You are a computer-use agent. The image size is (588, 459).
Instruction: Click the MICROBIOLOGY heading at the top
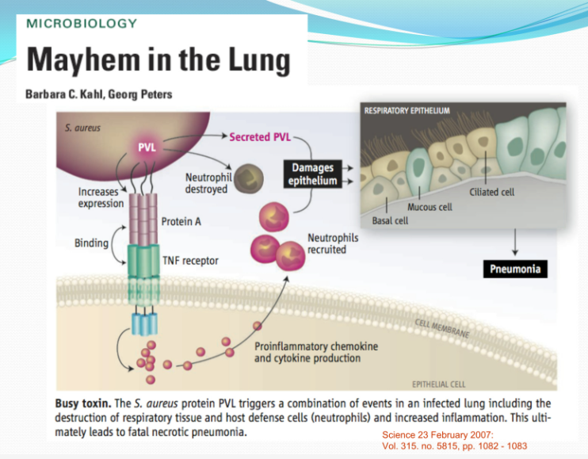[82, 22]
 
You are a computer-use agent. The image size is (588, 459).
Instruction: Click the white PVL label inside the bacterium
[147, 147]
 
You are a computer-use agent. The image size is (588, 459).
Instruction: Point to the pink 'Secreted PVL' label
[260, 137]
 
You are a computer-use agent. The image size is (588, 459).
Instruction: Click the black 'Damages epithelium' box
[313, 174]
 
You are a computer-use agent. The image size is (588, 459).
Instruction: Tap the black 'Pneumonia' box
[515, 269]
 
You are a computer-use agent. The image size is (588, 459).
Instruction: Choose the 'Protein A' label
[181, 221]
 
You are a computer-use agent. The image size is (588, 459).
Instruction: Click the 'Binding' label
[91, 243]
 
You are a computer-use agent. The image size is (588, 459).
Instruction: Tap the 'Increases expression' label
[101, 197]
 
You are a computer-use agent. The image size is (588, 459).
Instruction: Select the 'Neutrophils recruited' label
[333, 243]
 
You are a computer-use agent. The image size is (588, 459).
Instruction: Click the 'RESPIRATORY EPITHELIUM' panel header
[407, 110]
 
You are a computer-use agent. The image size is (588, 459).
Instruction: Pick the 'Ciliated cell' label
[491, 192]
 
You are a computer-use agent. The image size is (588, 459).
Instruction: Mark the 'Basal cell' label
[390, 220]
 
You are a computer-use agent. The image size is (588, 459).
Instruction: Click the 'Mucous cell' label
[430, 207]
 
